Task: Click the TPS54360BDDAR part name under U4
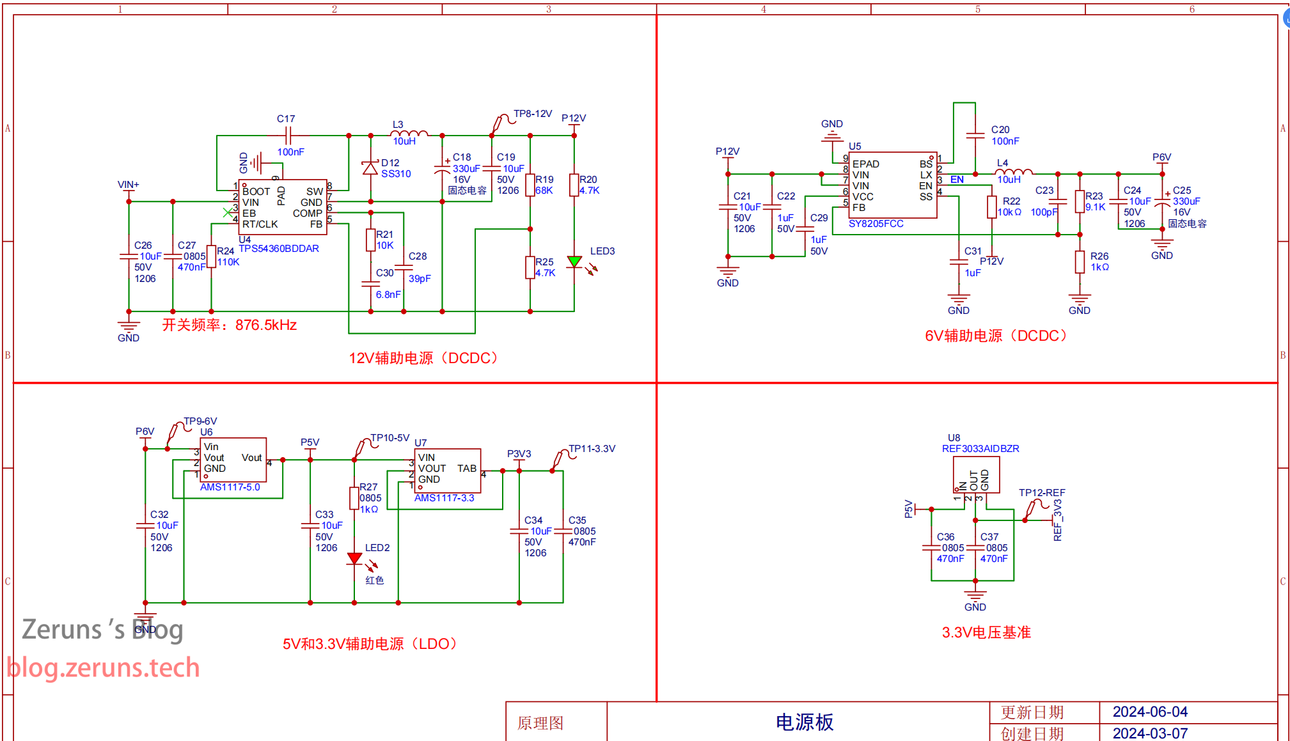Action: pyautogui.click(x=279, y=249)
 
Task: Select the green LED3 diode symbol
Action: pyautogui.click(x=574, y=261)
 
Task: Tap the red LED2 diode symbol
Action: pyautogui.click(x=354, y=559)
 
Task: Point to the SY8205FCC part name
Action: pyautogui.click(x=876, y=224)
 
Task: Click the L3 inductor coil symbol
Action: pyautogui.click(x=409, y=134)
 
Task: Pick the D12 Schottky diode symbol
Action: pyautogui.click(x=370, y=168)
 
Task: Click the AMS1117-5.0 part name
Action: pyautogui.click(x=230, y=487)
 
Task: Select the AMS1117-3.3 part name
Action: pyautogui.click(x=444, y=498)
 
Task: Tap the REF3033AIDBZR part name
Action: pyautogui.click(x=980, y=449)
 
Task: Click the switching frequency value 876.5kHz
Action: pyautogui.click(x=266, y=325)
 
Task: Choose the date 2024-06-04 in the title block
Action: pyautogui.click(x=1150, y=712)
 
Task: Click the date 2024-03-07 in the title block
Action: pyautogui.click(x=1150, y=733)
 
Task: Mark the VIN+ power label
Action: pyautogui.click(x=128, y=185)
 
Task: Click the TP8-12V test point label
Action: pyautogui.click(x=533, y=114)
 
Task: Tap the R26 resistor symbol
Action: pyautogui.click(x=1080, y=262)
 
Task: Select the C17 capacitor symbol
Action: pyautogui.click(x=288, y=136)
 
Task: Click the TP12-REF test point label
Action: pyautogui.click(x=1042, y=493)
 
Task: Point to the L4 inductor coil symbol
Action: pyautogui.click(x=1014, y=172)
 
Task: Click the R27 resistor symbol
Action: pyautogui.click(x=354, y=498)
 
